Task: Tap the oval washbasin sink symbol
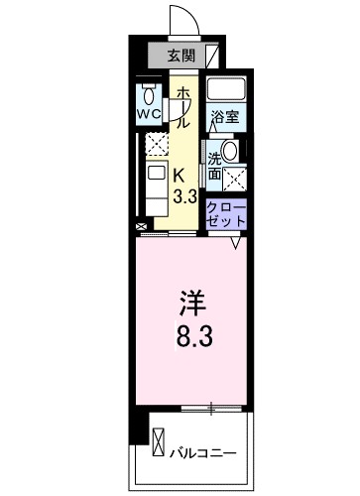[x=230, y=152]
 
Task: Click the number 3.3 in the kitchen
[x=183, y=195]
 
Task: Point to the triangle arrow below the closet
[x=236, y=240]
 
